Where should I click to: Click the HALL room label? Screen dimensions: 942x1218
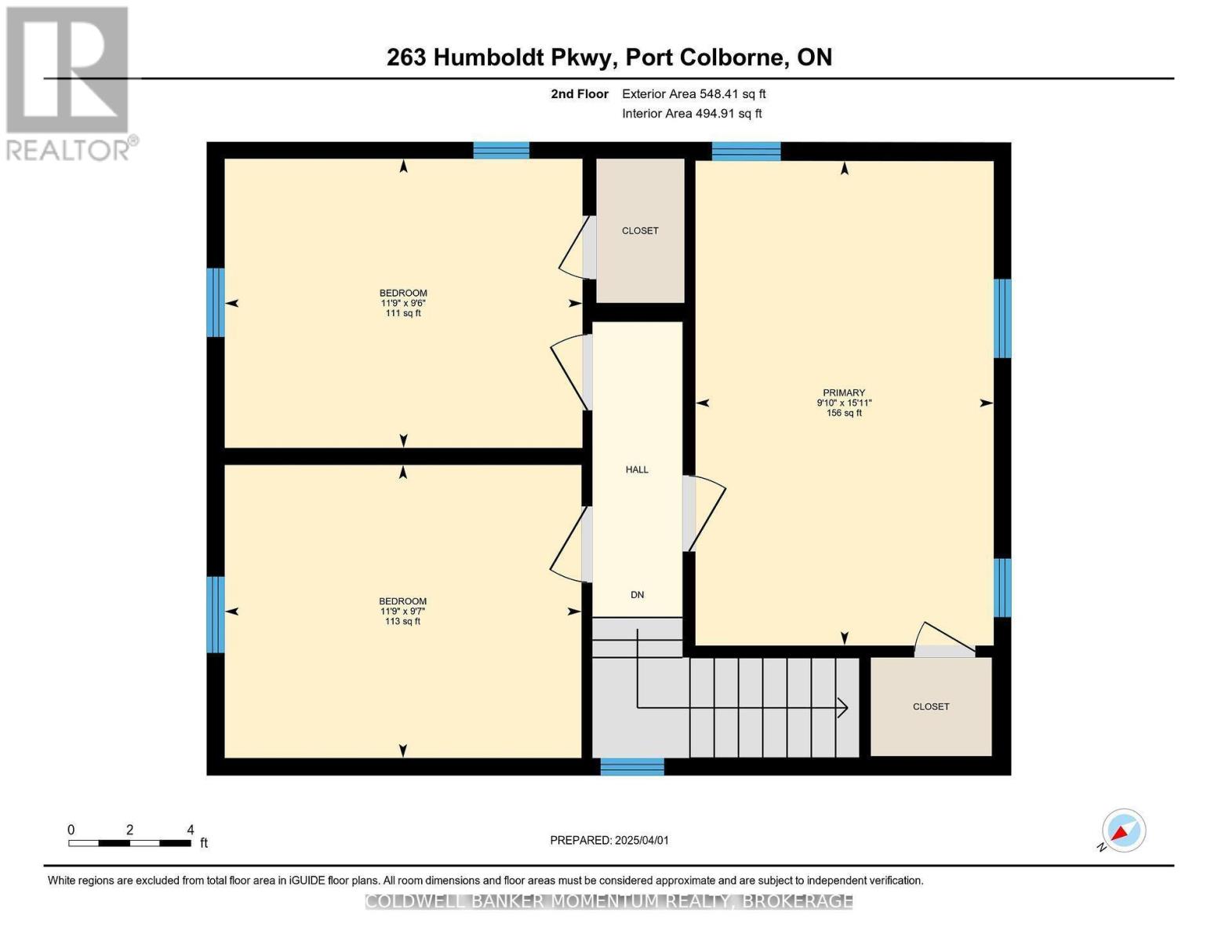[x=637, y=469]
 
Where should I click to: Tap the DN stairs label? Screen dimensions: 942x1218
[x=637, y=595]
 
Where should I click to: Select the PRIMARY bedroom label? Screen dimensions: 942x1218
[x=844, y=392]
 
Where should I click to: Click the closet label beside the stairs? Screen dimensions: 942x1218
[x=931, y=706]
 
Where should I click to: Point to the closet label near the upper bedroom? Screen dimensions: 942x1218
[x=640, y=231]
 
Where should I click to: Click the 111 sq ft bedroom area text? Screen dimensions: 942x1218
[x=403, y=313]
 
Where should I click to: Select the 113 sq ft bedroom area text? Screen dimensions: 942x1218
[x=403, y=622]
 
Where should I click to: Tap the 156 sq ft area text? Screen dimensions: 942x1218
[x=844, y=413]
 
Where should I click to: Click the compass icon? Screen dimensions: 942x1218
[x=1123, y=831]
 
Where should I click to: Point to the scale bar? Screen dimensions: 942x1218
[x=129, y=843]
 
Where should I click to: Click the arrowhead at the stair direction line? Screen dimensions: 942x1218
[x=843, y=707]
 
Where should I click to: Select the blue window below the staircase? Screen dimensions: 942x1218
[x=632, y=766]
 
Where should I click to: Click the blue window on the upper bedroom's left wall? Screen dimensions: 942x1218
[x=216, y=302]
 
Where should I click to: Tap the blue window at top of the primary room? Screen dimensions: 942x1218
[x=746, y=151]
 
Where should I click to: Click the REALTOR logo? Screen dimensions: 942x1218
[x=69, y=82]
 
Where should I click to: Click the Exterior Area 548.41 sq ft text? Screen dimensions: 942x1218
[x=693, y=94]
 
